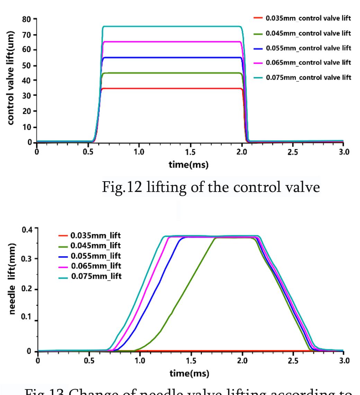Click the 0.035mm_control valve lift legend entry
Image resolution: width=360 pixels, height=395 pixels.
[x=308, y=18]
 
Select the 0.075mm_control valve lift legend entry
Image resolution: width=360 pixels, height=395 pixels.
[x=308, y=77]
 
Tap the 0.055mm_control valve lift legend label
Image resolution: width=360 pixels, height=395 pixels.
[x=308, y=48]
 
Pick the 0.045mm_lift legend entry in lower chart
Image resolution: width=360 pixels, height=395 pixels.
[x=96, y=246]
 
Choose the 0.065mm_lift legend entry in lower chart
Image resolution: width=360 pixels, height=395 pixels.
[x=96, y=266]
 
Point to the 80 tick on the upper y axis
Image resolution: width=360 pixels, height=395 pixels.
[x=27, y=19]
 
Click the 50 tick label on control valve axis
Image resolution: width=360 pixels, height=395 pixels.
[x=27, y=65]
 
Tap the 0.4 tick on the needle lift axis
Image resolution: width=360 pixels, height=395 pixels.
[x=27, y=230]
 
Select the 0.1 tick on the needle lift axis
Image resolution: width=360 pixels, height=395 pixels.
[x=27, y=317]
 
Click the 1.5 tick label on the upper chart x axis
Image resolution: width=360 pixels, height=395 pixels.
[x=190, y=152]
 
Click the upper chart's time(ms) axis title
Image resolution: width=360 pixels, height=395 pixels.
[x=189, y=165]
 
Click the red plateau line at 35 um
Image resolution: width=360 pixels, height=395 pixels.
[x=173, y=89]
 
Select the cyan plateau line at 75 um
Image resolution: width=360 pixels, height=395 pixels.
[x=173, y=27]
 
